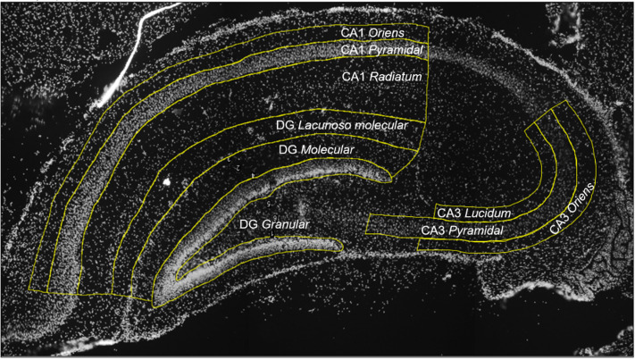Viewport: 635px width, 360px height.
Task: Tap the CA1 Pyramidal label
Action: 381,50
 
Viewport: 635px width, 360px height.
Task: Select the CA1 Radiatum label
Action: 381,78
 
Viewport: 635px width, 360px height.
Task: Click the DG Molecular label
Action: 316,150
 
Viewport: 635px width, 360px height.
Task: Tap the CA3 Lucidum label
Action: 472,213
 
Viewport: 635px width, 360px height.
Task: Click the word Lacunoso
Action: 329,127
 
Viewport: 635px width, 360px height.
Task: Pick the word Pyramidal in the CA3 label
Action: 476,230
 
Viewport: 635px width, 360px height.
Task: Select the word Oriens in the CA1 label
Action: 387,32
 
